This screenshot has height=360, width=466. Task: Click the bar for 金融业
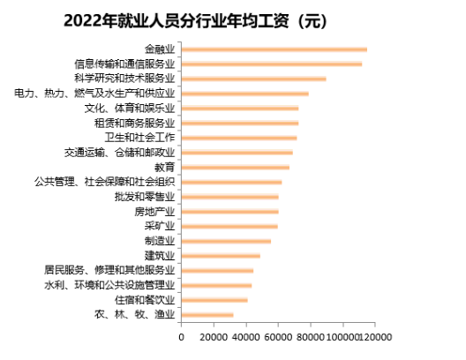274,49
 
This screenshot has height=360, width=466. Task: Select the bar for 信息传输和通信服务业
271,64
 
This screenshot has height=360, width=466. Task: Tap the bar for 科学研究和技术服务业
253,79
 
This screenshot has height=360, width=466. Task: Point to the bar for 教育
235,167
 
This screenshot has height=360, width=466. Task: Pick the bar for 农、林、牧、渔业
207,314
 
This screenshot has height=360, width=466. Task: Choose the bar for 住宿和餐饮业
214,300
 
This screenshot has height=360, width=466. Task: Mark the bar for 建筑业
221,256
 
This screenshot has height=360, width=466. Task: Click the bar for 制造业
226,241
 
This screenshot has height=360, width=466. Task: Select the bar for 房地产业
229,212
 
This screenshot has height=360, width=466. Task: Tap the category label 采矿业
160,226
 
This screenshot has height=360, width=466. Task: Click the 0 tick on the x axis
181,337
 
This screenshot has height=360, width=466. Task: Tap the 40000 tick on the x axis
246,337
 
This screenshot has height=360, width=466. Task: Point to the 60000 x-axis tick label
279,337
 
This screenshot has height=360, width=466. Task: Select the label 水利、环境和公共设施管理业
110,285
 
